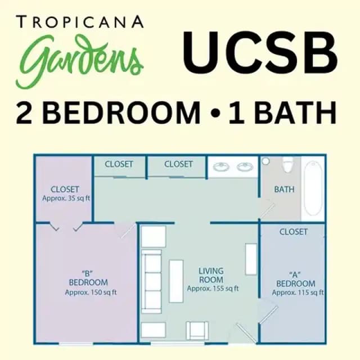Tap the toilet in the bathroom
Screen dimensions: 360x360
point(287,165)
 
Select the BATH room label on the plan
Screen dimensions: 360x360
point(284,190)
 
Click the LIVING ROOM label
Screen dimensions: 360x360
point(211,276)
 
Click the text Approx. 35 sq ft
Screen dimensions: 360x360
point(66,199)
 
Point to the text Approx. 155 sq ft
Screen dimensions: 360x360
point(213,289)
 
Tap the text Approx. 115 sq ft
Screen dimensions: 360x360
point(298,292)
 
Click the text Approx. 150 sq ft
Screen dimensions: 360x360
point(91,292)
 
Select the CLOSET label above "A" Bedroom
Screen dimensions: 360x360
point(293,232)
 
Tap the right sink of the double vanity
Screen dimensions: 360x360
point(245,166)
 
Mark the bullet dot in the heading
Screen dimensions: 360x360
point(214,114)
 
